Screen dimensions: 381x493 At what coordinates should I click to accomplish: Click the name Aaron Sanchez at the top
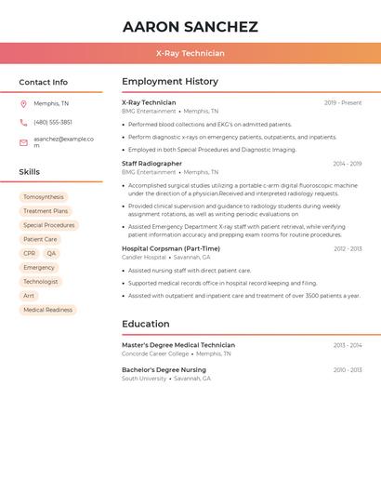click(190, 27)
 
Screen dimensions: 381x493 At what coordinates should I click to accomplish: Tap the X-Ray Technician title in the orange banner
click(190, 53)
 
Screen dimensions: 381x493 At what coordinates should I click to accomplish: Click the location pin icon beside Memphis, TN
click(23, 103)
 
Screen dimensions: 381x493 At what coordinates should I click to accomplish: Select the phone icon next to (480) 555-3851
click(23, 122)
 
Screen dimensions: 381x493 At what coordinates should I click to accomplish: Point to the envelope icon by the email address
click(23, 142)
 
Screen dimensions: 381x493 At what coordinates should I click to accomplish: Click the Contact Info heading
click(43, 82)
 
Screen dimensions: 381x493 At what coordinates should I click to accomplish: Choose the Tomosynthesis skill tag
click(44, 197)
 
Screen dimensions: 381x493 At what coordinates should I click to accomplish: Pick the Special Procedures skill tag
click(48, 225)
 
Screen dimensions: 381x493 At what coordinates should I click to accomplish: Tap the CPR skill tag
click(30, 253)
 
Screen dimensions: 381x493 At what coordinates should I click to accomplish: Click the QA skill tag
click(51, 253)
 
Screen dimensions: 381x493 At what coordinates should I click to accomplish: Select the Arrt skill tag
click(29, 296)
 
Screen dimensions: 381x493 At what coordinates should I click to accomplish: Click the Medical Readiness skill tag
click(47, 310)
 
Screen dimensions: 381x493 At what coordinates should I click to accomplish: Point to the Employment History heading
click(170, 82)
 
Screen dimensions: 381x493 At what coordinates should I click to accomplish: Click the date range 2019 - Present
click(343, 103)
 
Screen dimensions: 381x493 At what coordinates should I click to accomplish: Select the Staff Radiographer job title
click(151, 164)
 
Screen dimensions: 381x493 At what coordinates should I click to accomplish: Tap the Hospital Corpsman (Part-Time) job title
click(171, 248)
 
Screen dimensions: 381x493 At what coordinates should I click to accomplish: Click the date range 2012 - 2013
click(348, 249)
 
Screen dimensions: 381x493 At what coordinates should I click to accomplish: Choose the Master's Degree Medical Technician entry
click(178, 345)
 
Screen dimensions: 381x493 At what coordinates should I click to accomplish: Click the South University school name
click(144, 379)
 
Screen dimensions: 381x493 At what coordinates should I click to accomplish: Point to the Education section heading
click(145, 324)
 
